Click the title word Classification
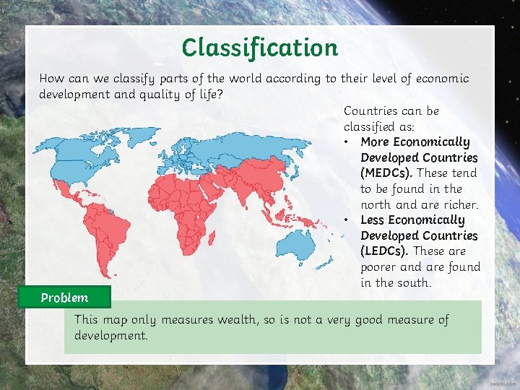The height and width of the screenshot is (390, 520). point(259,48)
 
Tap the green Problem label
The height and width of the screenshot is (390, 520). point(64,298)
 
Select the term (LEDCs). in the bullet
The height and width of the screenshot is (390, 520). point(385,251)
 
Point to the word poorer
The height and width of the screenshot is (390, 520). point(380,267)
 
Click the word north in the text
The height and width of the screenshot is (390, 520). point(378,205)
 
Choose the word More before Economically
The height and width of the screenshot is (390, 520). point(376,142)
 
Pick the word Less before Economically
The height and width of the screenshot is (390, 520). point(373,220)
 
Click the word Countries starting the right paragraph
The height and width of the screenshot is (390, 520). point(371,111)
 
